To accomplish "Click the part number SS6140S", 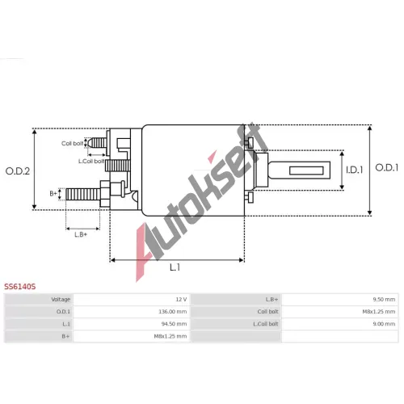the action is [20, 286].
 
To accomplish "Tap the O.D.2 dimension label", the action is [18, 171].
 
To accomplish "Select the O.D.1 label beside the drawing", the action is [387, 167].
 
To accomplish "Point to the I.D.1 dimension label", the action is [355, 170].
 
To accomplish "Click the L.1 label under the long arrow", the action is [175, 267].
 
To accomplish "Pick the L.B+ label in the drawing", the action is [81, 234].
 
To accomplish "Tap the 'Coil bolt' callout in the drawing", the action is [72, 143].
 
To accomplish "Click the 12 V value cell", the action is [181, 299].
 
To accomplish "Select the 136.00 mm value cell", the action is [173, 312].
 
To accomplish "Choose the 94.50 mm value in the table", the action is [174, 324].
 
